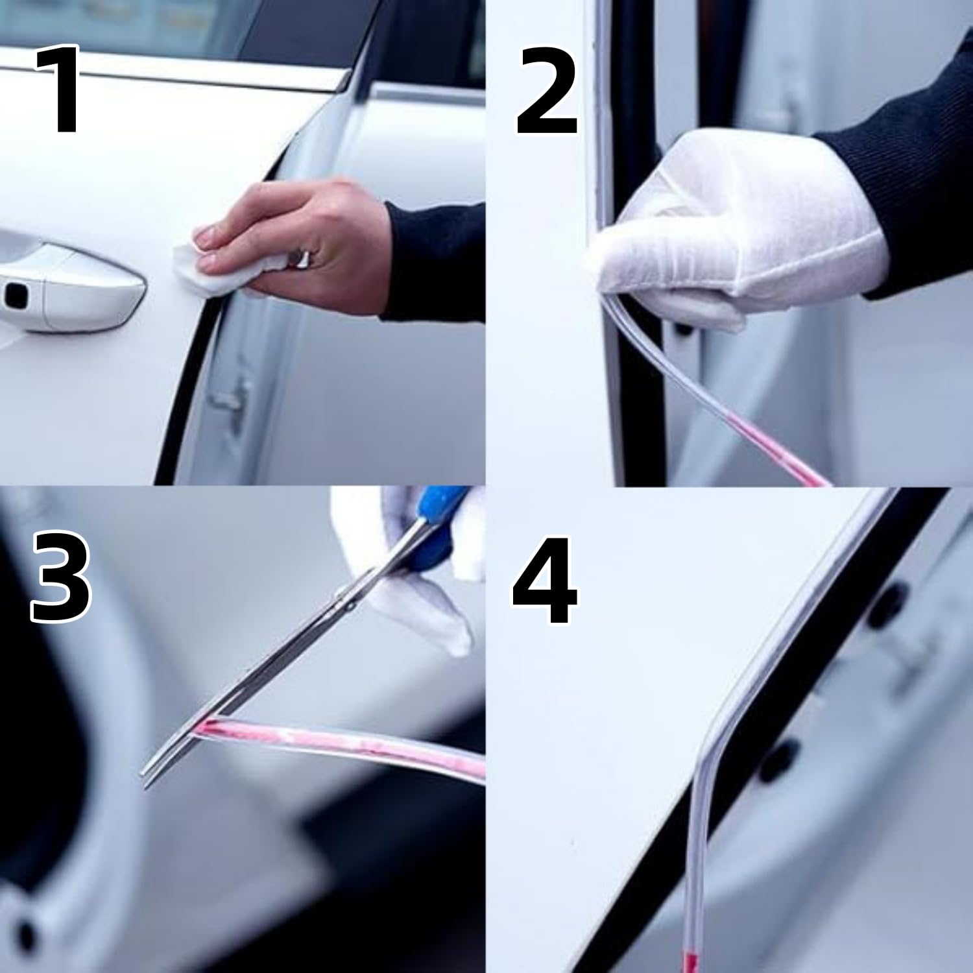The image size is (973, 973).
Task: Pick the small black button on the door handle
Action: coord(13,296)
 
